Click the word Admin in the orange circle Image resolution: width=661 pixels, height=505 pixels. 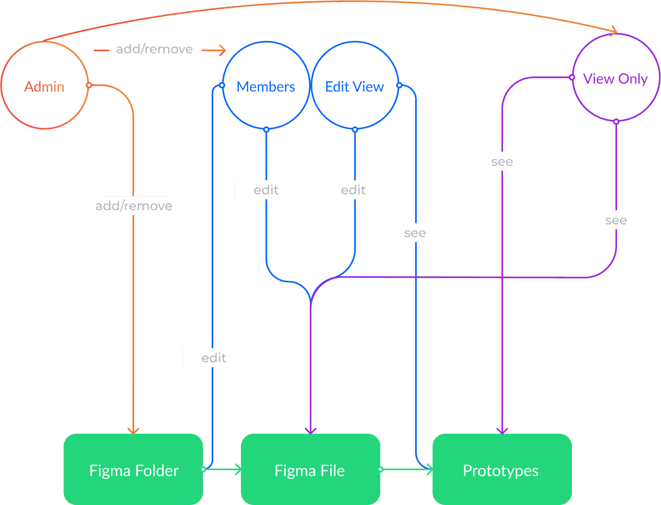point(45,87)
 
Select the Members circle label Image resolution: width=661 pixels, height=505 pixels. point(265,87)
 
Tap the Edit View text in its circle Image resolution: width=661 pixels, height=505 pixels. point(355,87)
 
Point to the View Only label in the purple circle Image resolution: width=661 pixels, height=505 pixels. point(615,78)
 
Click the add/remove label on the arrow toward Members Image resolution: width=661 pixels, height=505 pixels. point(155,50)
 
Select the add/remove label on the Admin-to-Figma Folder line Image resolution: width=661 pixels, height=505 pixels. point(135,206)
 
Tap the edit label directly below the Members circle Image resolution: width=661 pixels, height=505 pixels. point(267,190)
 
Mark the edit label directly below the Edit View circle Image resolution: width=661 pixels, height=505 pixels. point(354,190)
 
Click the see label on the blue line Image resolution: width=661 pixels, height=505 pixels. point(415,233)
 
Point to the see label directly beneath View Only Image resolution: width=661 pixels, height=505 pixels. point(616,220)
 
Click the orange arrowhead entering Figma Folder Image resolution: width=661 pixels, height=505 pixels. point(134,430)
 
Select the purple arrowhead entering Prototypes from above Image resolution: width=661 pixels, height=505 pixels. point(502,430)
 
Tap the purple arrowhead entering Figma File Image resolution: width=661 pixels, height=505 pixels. point(311,430)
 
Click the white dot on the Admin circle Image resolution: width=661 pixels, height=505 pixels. point(88,85)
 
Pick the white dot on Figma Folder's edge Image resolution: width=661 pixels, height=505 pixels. point(203,469)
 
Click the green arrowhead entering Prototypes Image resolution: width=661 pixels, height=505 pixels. point(428,469)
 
